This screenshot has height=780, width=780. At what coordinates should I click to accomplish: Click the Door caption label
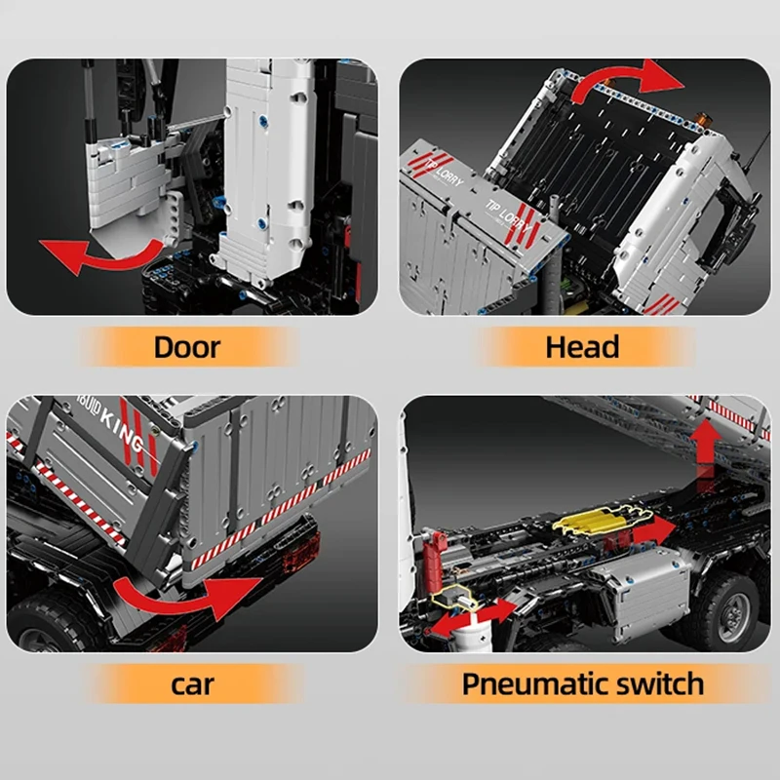click(186, 347)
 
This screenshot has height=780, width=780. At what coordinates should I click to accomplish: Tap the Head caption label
click(582, 347)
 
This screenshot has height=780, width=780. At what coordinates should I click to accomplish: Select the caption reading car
click(192, 684)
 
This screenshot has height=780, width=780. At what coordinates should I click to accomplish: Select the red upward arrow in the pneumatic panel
click(705, 452)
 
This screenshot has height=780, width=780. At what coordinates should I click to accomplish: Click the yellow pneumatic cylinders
click(597, 522)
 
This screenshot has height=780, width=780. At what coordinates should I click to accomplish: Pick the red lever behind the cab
click(432, 564)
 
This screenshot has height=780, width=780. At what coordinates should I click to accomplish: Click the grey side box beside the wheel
click(645, 592)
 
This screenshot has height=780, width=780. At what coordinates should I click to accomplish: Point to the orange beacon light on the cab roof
click(702, 120)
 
